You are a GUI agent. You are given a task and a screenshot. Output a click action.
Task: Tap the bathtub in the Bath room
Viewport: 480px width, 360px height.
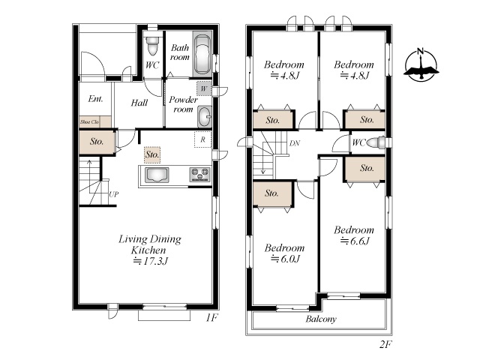pos(202,55)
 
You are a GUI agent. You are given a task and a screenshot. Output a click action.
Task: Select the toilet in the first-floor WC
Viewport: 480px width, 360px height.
pos(152,45)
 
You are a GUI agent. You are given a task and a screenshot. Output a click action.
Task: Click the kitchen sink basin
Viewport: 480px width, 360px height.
pos(157,175)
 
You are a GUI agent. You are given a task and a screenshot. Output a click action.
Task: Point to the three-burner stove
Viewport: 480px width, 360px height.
pos(200,175)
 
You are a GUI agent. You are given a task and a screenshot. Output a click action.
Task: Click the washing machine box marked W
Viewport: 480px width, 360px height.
pos(203,88)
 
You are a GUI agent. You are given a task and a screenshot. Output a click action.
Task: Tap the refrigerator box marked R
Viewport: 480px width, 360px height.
pos(202,139)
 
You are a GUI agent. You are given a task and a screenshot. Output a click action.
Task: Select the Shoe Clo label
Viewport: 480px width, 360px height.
pos(89,121)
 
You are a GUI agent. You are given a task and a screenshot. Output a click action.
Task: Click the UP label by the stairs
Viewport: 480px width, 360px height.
pos(113,194)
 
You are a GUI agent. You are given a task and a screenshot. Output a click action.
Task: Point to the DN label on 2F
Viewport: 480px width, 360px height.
pos(295,143)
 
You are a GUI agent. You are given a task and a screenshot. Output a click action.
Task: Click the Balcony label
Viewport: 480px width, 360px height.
pos(321,319)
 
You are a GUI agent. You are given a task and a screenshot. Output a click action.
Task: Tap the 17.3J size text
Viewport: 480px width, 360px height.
pos(151,262)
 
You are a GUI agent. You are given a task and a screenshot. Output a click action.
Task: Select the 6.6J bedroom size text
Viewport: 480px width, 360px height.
pos(355,241)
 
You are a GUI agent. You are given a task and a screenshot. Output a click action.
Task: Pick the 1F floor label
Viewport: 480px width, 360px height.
pos(211,318)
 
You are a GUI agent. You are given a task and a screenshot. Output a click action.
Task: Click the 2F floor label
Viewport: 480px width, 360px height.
pos(385,344)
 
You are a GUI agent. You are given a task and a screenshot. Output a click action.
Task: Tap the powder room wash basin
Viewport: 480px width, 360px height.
pos(205,117)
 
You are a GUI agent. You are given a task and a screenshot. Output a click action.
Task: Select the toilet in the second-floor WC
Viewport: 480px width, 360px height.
pos(376,142)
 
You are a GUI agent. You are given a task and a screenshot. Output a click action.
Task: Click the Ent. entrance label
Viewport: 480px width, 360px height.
pos(95,98)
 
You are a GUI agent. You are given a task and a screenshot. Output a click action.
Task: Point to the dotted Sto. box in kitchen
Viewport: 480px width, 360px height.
pos(152,154)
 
